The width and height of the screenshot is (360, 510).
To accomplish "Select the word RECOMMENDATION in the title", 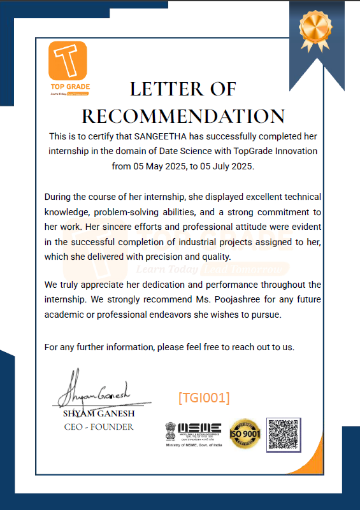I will [184, 117].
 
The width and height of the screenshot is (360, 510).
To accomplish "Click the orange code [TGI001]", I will [204, 397].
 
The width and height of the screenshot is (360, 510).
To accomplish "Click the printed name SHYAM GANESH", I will [99, 414].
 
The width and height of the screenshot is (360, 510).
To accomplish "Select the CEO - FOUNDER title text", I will [99, 427].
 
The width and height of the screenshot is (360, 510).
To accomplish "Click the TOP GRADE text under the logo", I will [70, 86].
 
